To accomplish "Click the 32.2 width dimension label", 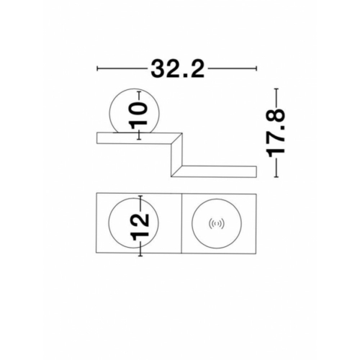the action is (x=177, y=69).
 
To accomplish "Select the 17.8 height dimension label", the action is (x=276, y=132).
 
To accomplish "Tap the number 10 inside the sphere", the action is (x=138, y=114).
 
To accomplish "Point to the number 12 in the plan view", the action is (x=140, y=227).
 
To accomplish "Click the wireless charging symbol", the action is (x=217, y=224).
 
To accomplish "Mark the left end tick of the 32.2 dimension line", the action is (x=97, y=68).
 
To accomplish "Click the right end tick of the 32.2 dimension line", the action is (x=257, y=68).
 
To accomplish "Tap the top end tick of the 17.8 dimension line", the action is (x=276, y=89).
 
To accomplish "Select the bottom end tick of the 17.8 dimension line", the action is (x=276, y=177).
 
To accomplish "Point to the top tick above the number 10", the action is (x=139, y=91).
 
